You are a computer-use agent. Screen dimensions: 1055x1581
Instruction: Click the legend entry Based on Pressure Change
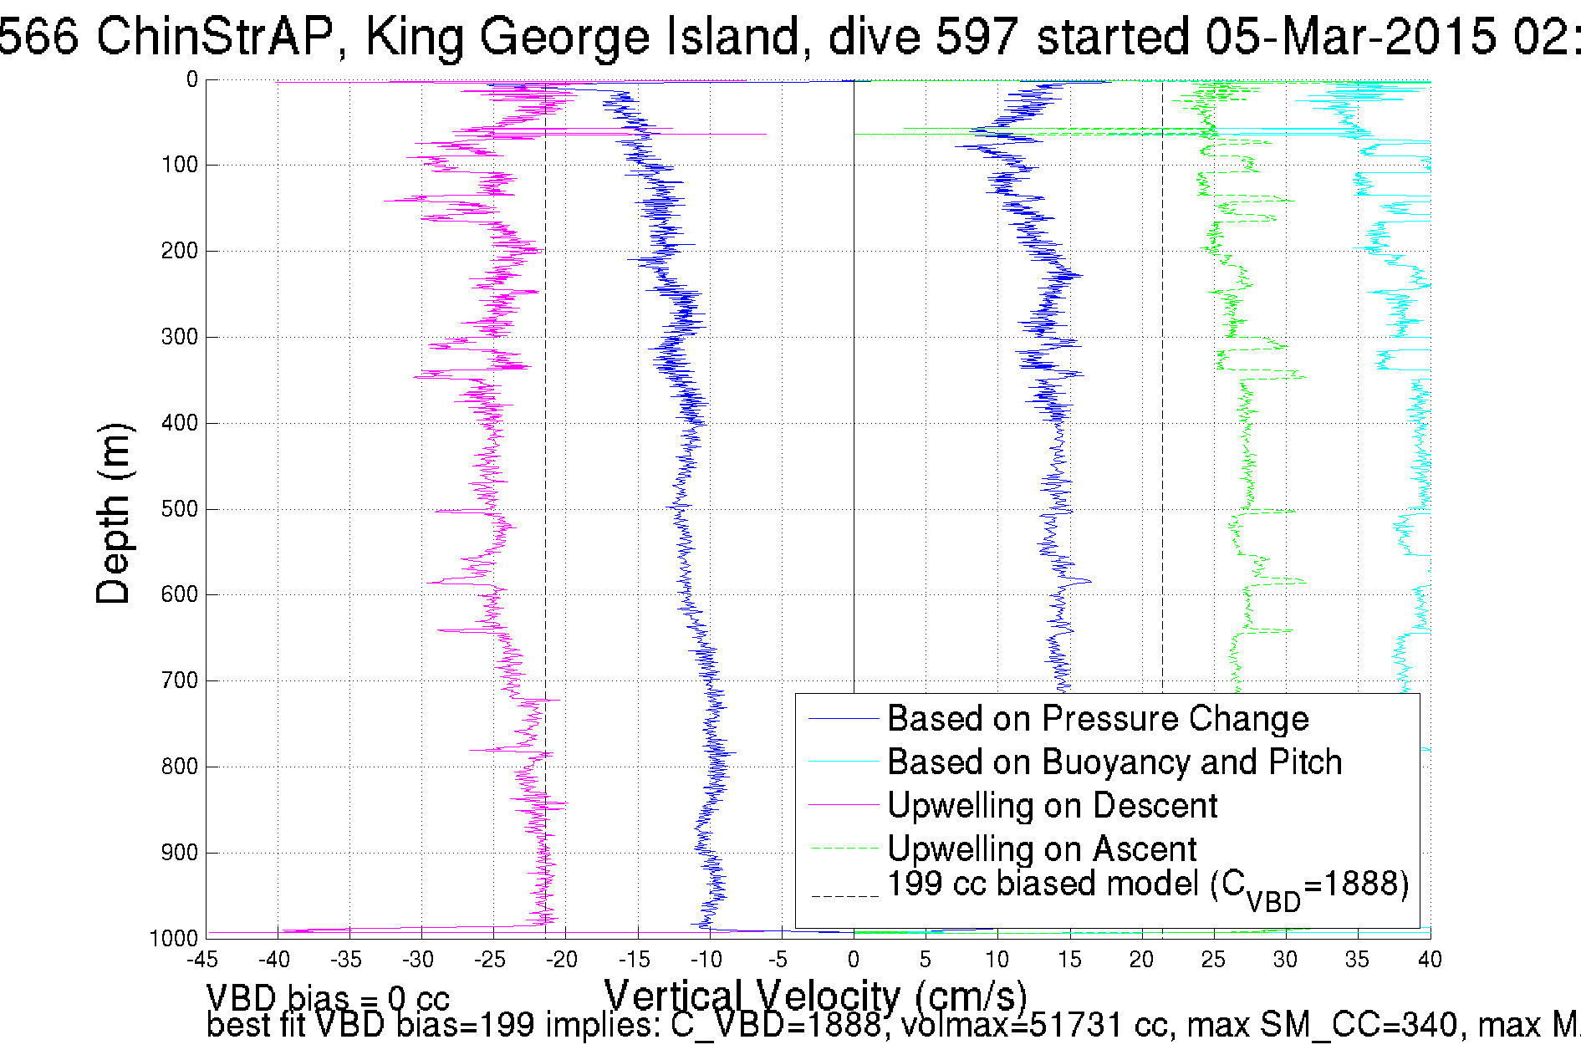point(1097,718)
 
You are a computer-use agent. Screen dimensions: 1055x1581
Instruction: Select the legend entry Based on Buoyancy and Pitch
point(1114,762)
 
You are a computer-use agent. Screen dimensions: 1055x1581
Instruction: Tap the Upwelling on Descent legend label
point(1052,805)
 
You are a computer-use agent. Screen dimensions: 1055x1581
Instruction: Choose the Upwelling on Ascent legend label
point(1042,849)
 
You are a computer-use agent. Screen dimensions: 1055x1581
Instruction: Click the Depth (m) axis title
point(114,513)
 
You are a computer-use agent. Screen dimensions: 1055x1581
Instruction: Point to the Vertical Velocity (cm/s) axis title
point(815,995)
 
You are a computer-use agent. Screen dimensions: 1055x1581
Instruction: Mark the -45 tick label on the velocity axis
point(202,960)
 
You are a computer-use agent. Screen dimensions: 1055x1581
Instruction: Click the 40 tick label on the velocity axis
point(1429,960)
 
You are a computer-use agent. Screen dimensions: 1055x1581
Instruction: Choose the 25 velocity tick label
point(1213,960)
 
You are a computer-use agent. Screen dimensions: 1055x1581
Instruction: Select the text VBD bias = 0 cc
point(328,998)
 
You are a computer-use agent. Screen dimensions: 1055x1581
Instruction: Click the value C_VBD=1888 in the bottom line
point(776,1025)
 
